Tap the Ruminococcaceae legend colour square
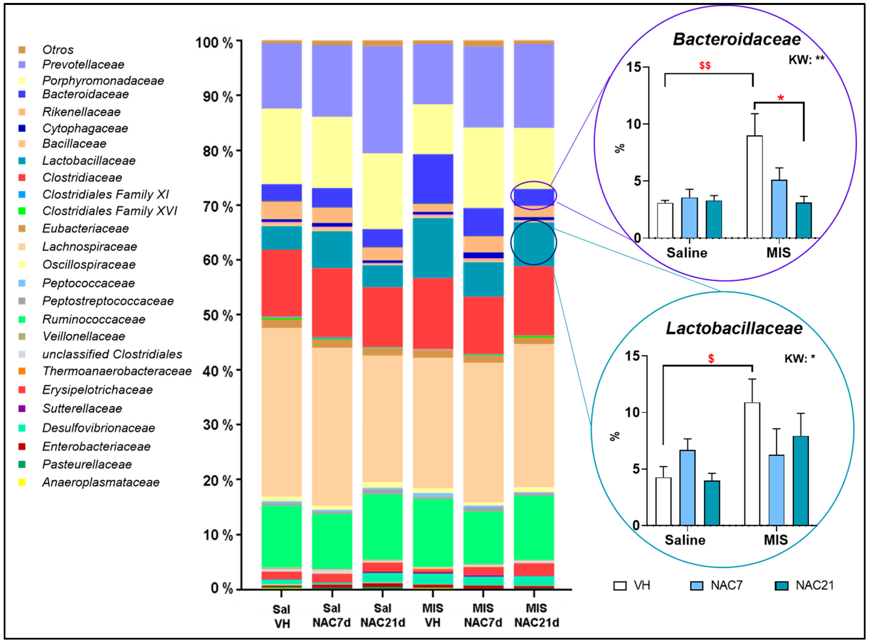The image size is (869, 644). (22, 319)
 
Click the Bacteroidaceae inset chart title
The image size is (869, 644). (736, 39)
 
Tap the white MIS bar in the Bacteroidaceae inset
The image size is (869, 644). (754, 187)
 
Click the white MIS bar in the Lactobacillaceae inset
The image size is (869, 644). (752, 464)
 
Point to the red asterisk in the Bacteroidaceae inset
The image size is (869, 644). (780, 98)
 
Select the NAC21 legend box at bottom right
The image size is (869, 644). (781, 586)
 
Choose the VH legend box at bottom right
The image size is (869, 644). (620, 586)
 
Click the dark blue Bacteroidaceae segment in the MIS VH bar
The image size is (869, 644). (433, 179)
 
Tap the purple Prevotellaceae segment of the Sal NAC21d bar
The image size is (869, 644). (382, 99)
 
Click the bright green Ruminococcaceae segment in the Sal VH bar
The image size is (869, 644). (281, 536)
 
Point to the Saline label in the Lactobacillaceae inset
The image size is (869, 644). (685, 540)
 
